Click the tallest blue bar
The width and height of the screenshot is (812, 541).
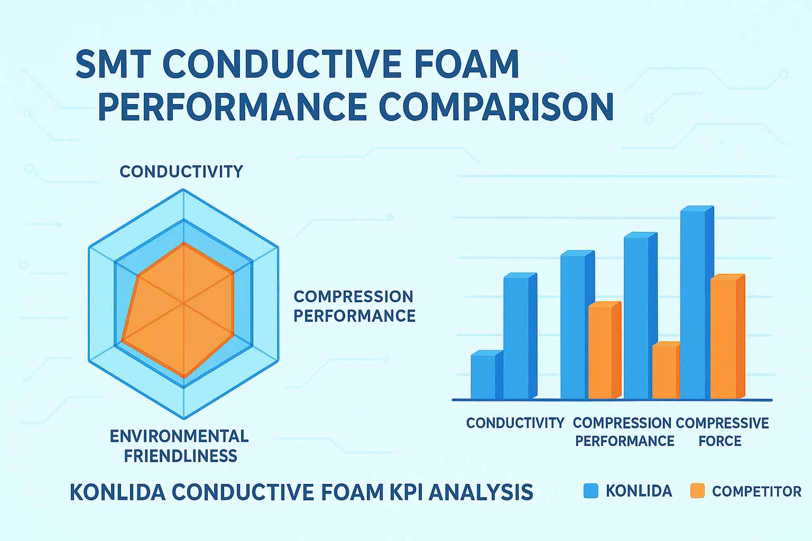[x=694, y=304]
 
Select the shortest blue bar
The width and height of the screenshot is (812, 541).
[x=484, y=376]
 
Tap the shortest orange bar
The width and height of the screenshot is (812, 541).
[x=665, y=372]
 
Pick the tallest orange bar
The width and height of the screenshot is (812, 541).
[x=724, y=338]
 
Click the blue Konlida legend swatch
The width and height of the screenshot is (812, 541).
[x=590, y=491]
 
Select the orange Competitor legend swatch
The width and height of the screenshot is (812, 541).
[x=697, y=491]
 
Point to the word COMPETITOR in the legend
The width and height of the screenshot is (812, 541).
[x=756, y=491]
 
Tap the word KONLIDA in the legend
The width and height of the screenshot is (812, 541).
[x=639, y=491]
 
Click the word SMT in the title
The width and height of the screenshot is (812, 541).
[x=113, y=64]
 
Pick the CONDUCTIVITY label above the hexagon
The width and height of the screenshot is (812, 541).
[x=181, y=172]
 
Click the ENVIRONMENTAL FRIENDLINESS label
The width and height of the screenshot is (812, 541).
[x=180, y=446]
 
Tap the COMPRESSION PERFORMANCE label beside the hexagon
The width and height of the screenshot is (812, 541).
[x=354, y=306]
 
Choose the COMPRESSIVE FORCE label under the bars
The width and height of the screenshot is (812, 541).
[x=722, y=432]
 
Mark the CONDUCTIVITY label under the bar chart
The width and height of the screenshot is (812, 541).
[x=515, y=423]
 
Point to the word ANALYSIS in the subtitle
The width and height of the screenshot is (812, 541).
[x=481, y=492]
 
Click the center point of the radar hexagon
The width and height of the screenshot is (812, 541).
[x=183, y=303]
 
